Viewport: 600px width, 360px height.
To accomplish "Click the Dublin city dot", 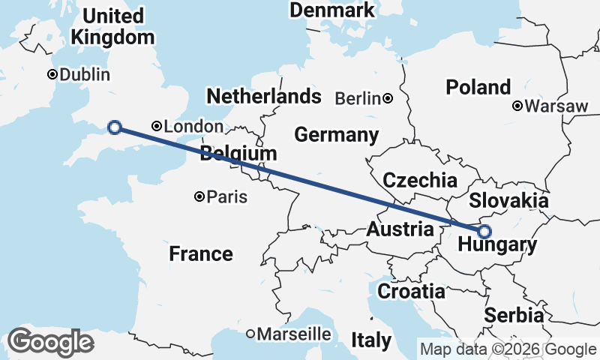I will pyautogui.click(x=52, y=74).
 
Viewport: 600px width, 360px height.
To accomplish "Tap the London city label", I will pyautogui.click(x=193, y=127).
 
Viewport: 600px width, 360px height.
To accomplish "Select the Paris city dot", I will pyautogui.click(x=199, y=196).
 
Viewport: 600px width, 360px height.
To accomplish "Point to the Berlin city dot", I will pyautogui.click(x=388, y=97).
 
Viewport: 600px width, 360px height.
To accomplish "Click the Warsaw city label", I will pyautogui.click(x=556, y=106).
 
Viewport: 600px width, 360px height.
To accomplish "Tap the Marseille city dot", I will pyautogui.click(x=250, y=333).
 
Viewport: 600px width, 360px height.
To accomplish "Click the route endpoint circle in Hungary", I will pyautogui.click(x=484, y=232).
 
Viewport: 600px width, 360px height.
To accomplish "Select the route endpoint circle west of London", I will pyautogui.click(x=115, y=127).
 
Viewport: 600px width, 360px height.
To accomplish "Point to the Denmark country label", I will pyautogui.click(x=332, y=10).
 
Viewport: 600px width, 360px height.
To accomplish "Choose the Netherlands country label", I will pyautogui.click(x=264, y=97).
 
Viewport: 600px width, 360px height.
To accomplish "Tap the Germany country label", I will pyautogui.click(x=336, y=135).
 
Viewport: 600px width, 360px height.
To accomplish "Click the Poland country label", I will pyautogui.click(x=478, y=87).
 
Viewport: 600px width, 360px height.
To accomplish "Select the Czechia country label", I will pyautogui.click(x=419, y=180).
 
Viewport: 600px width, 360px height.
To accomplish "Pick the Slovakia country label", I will pyautogui.click(x=508, y=201).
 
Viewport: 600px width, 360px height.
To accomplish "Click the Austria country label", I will pyautogui.click(x=400, y=229).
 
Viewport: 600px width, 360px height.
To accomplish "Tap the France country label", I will pyautogui.click(x=200, y=253).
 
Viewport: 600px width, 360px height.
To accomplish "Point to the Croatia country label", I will pyautogui.click(x=411, y=292).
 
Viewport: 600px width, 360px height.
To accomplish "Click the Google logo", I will pyautogui.click(x=50, y=342).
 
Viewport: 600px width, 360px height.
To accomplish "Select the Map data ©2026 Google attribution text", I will pyautogui.click(x=508, y=349).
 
